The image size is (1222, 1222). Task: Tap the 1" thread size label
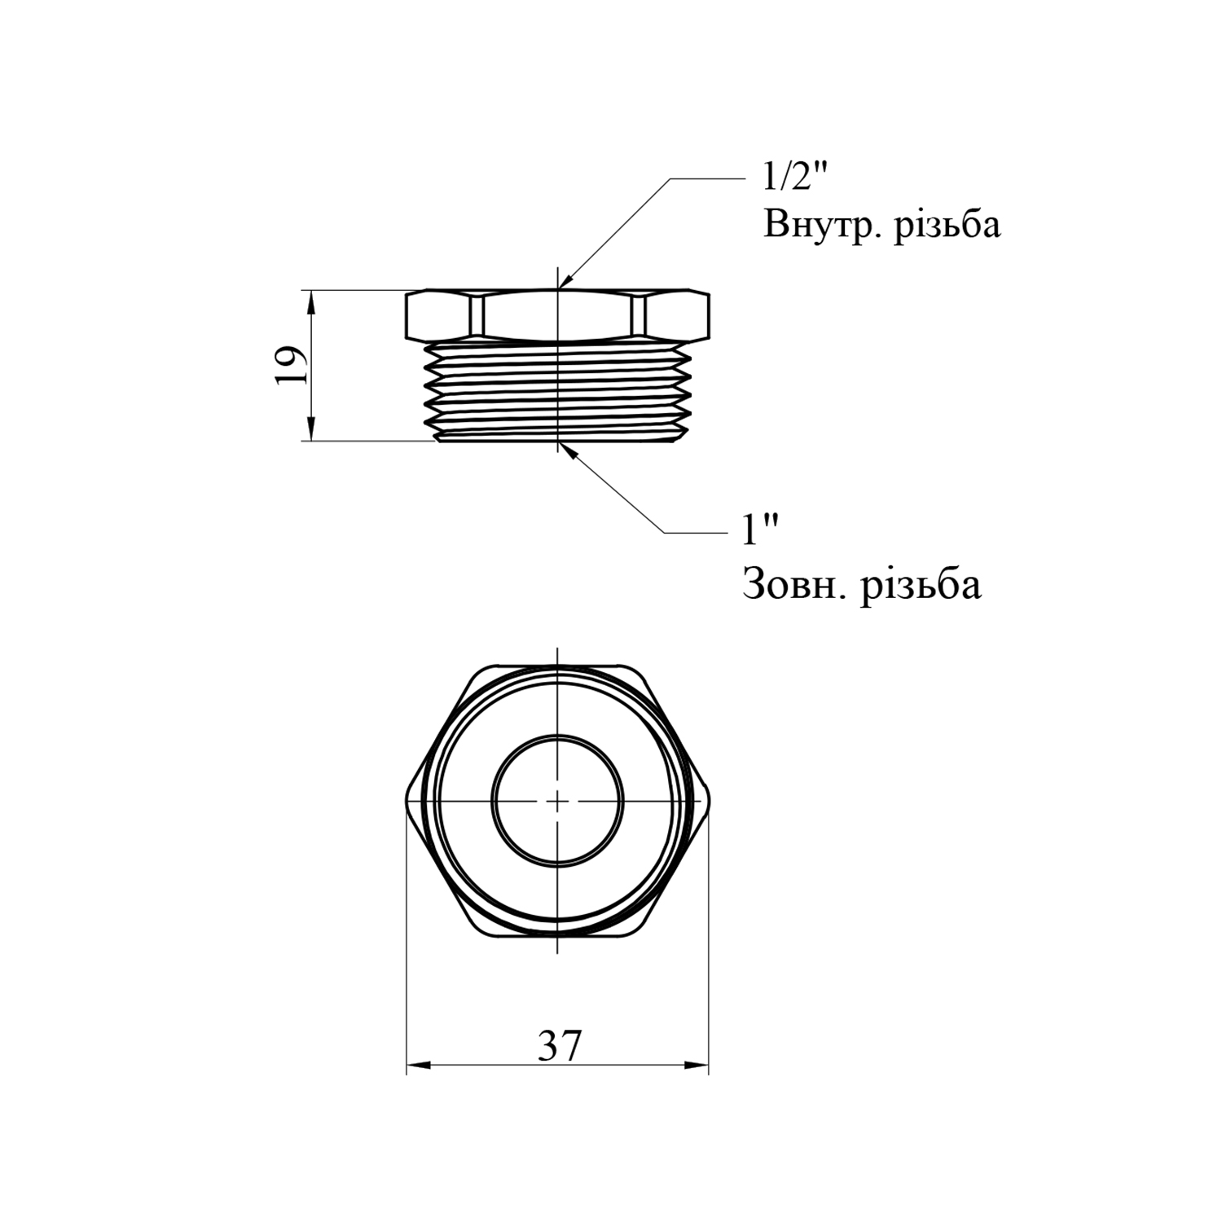click(x=759, y=531)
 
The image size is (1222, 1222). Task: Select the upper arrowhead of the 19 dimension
click(x=311, y=301)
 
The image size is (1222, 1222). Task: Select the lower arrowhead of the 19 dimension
click(x=311, y=429)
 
